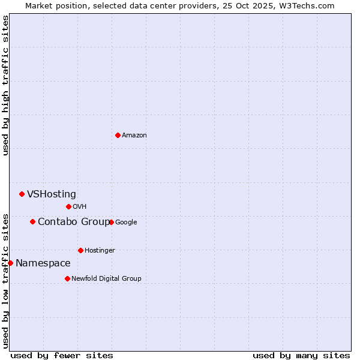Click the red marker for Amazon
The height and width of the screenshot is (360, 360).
click(118, 135)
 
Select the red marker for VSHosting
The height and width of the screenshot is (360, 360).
click(22, 194)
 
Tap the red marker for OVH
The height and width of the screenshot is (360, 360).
click(68, 206)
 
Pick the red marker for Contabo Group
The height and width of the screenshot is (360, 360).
click(32, 221)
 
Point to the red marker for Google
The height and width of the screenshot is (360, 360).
click(111, 222)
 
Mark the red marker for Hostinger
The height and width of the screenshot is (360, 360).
click(80, 250)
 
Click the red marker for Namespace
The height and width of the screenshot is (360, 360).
click(10, 263)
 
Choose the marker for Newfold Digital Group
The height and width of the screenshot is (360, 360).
click(67, 278)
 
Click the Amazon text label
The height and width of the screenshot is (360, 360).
click(134, 136)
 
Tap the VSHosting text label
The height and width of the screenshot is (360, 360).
click(52, 194)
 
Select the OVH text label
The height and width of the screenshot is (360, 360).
click(80, 207)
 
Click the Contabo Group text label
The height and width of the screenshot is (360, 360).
click(74, 222)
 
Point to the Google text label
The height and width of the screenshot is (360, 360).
click(126, 223)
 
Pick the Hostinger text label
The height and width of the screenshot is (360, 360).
click(100, 251)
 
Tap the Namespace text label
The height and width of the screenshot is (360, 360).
click(43, 263)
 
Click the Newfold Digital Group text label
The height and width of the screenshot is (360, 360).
click(106, 279)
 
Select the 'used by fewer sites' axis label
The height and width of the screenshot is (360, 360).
click(62, 355)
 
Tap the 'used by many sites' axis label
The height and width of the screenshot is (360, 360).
click(301, 355)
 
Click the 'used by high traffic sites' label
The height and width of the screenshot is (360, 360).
click(6, 85)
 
